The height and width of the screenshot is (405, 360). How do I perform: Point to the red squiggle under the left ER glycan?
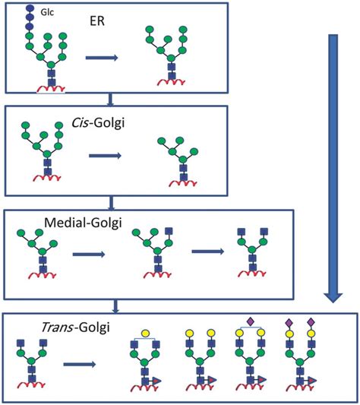tap(51, 88)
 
